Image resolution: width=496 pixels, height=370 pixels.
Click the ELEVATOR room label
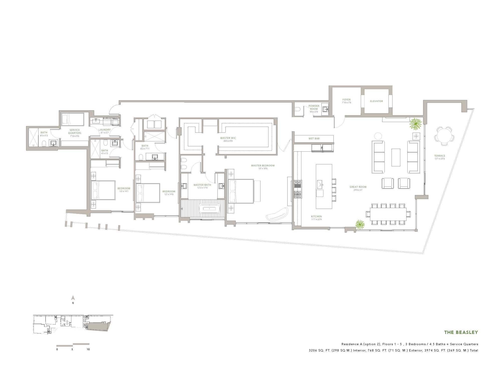click(376, 101)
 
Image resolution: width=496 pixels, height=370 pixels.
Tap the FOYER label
click(346, 100)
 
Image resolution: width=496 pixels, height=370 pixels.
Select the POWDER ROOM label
click(314, 107)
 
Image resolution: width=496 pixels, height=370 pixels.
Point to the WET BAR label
click(314, 139)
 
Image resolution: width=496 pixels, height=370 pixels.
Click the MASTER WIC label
click(228, 138)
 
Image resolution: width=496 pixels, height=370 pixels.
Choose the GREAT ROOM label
click(358, 187)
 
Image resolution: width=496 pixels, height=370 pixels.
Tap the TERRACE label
click(440, 156)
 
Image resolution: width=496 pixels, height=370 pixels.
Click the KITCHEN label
click(316, 217)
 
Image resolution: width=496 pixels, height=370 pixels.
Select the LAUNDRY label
click(104, 130)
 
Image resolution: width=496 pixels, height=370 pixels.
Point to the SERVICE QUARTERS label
click(75, 132)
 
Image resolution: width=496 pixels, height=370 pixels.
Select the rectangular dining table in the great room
click(388, 214)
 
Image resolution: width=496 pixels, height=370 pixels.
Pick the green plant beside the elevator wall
click(415, 124)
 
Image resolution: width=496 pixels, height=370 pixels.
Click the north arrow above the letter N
click(73, 298)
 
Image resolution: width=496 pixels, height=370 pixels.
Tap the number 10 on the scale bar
click(88, 349)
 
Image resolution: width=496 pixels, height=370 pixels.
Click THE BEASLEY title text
click(461, 332)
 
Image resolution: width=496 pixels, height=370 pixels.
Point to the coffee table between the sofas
click(396, 157)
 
